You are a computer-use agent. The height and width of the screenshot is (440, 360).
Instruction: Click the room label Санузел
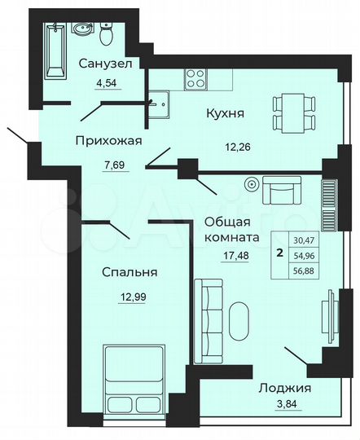tap(106, 63)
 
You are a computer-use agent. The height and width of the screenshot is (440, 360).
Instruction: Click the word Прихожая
tap(109, 140)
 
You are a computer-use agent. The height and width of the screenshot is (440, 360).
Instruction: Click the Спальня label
tap(130, 272)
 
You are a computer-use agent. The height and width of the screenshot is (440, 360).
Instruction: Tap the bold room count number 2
tap(280, 253)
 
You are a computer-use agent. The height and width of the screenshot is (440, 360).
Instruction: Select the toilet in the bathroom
tap(107, 35)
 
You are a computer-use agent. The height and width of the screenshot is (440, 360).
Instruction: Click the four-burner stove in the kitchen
tap(196, 79)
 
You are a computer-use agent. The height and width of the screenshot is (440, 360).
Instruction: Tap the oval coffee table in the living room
tap(239, 321)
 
